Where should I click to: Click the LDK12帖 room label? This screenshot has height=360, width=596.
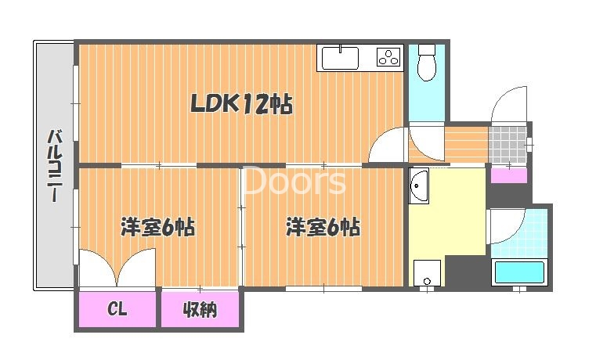241,103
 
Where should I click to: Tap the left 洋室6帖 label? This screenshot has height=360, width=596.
157,227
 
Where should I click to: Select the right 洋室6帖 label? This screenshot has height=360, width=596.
323,227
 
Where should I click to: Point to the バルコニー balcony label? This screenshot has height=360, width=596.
55,166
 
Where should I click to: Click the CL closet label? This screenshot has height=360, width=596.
117,309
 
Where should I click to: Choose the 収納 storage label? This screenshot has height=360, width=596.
200,309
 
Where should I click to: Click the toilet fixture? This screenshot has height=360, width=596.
427,63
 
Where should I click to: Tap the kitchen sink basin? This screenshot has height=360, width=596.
340,58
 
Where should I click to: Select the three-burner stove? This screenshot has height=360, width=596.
388,57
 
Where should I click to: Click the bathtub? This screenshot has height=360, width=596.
519,272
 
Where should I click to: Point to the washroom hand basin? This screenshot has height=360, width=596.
418,185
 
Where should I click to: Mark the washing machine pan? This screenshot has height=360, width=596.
427,273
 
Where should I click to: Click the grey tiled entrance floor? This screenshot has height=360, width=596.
508,145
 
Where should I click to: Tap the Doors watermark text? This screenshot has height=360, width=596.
294,180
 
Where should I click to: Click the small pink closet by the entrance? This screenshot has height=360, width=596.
509,175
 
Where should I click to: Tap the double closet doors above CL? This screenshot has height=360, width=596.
117,267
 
